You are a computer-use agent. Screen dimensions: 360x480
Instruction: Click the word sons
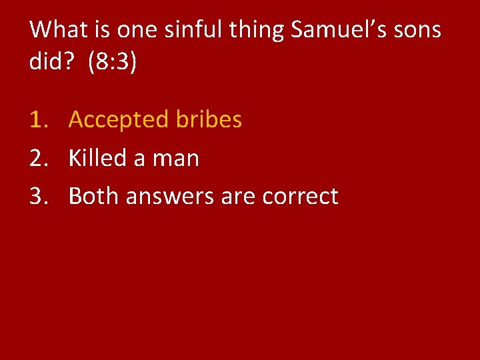click(x=417, y=29)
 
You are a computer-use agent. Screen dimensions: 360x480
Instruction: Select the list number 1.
click(x=39, y=120)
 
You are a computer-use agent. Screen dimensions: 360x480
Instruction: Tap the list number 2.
click(x=39, y=159)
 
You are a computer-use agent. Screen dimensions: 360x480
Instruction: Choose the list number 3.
click(x=39, y=197)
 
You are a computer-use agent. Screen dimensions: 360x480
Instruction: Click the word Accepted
click(x=119, y=120)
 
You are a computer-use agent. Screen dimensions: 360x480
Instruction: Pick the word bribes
click(x=209, y=120)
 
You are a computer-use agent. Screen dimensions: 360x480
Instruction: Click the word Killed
click(x=97, y=159)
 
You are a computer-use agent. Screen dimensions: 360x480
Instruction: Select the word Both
click(x=93, y=197)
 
